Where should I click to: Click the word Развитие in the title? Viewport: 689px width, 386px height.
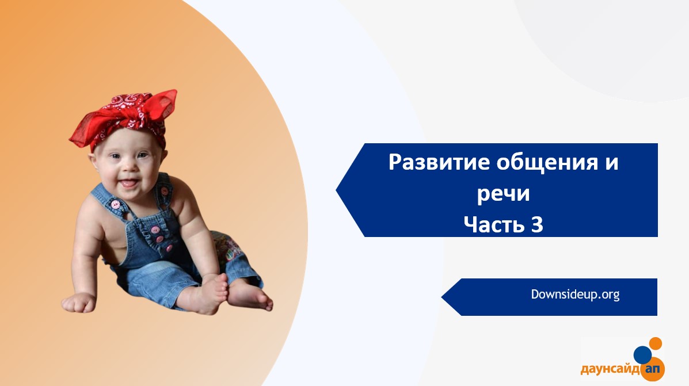pyautogui.click(x=439, y=162)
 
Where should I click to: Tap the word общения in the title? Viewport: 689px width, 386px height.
pyautogui.click(x=547, y=163)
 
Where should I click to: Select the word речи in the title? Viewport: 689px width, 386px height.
pyautogui.click(x=504, y=194)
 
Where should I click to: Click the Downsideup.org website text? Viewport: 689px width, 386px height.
pyautogui.click(x=575, y=294)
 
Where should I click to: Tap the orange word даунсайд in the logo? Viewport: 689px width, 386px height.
pyautogui.click(x=610, y=369)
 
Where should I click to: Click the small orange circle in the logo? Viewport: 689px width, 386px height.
pyautogui.click(x=655, y=344)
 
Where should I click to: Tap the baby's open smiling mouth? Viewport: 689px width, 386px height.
pyautogui.click(x=128, y=182)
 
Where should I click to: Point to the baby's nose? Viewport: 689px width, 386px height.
pyautogui.click(x=128, y=166)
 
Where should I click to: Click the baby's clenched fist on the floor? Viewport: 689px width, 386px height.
pyautogui.click(x=78, y=303)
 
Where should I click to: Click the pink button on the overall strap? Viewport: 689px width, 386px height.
pyautogui.click(x=116, y=205)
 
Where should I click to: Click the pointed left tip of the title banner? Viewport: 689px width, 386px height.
pyautogui.click(x=337, y=190)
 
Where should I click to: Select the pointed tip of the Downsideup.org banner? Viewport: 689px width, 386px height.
pyautogui.click(x=442, y=297)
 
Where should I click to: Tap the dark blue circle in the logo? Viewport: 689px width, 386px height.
pyautogui.click(x=642, y=354)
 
